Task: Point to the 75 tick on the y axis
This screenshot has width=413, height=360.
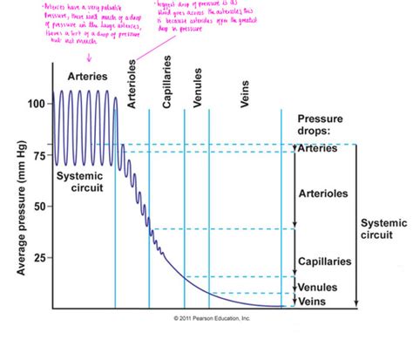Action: coord(37,156)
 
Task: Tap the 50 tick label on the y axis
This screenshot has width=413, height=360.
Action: coord(37,207)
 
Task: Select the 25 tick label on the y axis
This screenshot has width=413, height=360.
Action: coord(37,258)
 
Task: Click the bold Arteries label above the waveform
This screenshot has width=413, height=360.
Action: coord(87,77)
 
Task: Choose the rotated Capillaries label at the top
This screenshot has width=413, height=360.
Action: coord(166,87)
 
